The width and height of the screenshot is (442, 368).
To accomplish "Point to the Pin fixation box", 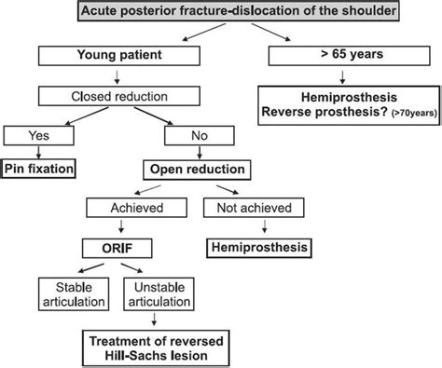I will [38, 169].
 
